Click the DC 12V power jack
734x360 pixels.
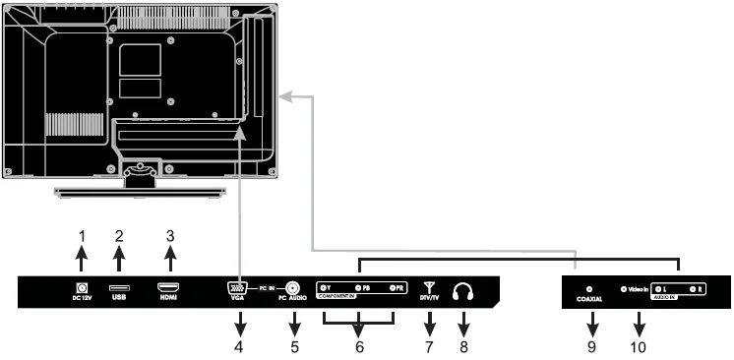(x=83, y=288)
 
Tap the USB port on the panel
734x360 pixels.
(x=118, y=288)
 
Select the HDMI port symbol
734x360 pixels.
(x=169, y=288)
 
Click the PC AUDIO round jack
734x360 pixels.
(x=292, y=289)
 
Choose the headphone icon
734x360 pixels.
(x=461, y=291)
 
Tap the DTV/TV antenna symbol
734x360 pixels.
(x=428, y=287)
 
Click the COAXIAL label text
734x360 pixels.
(x=588, y=299)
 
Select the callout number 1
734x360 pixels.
(x=83, y=237)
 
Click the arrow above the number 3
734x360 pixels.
(x=169, y=261)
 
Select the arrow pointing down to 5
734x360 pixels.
(x=292, y=321)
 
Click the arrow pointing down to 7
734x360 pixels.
(x=428, y=321)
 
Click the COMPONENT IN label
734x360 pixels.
(x=343, y=298)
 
